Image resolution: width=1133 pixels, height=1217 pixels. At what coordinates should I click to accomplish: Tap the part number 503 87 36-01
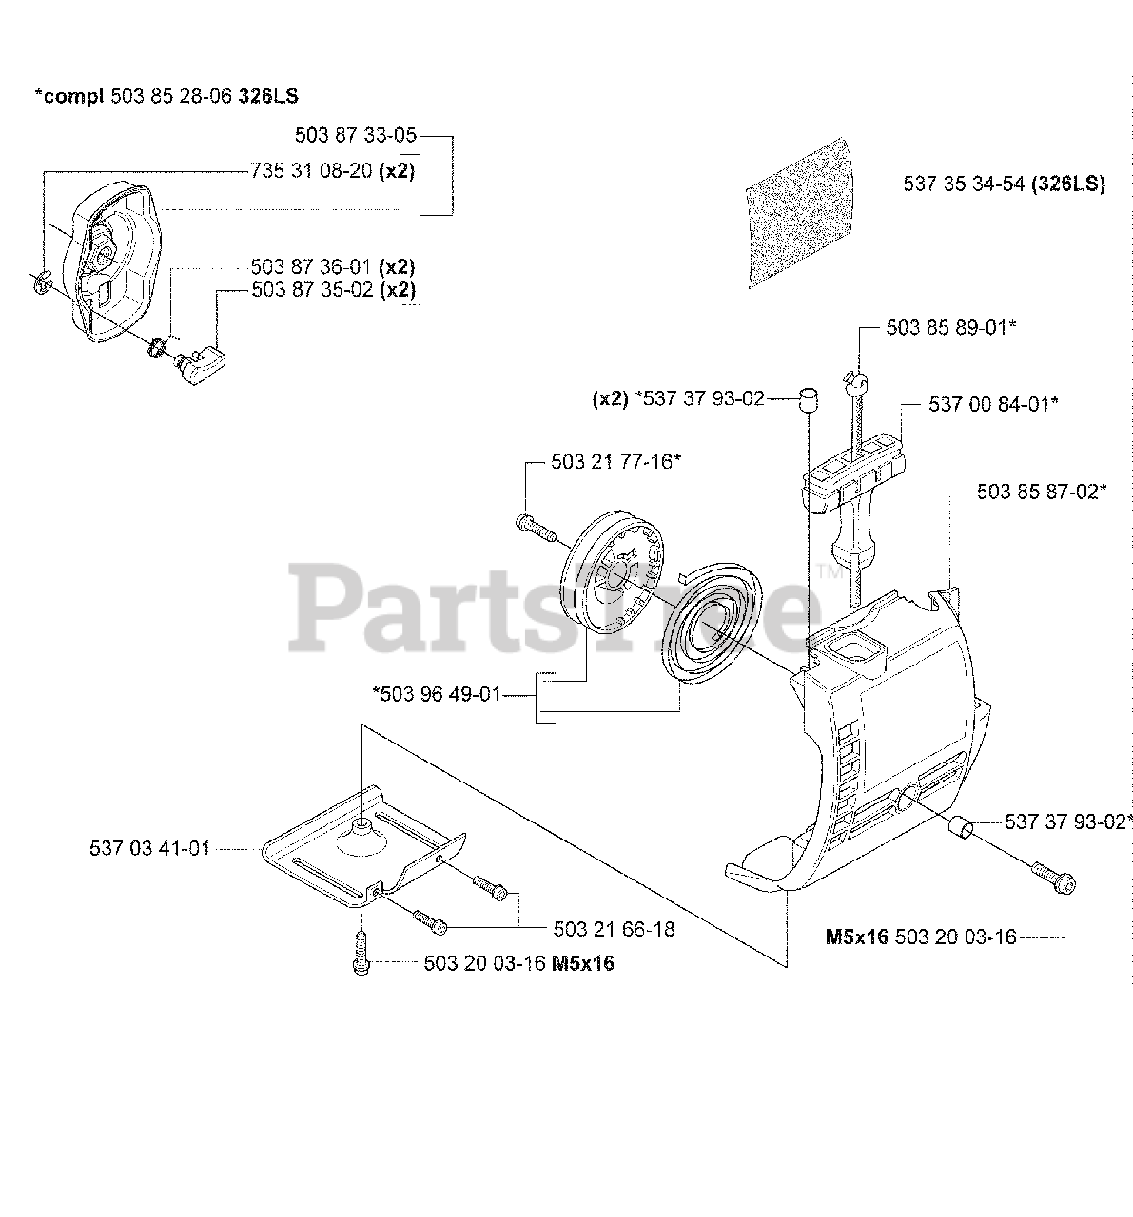[x=333, y=267]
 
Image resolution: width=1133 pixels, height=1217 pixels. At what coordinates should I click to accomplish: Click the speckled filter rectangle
[x=801, y=215]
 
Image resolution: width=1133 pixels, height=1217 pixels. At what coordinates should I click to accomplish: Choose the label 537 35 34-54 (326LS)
[x=1004, y=184]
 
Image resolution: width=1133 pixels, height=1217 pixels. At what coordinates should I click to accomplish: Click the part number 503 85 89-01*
[x=951, y=327]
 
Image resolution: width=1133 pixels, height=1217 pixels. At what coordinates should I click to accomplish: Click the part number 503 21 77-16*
[x=615, y=461]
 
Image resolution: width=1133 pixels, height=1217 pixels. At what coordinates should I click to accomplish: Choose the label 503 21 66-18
[x=614, y=929]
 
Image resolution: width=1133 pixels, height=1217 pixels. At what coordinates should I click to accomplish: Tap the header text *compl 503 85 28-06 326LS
[x=172, y=96]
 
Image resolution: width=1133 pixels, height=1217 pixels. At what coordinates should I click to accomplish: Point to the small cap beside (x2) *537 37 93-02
[x=808, y=397]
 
